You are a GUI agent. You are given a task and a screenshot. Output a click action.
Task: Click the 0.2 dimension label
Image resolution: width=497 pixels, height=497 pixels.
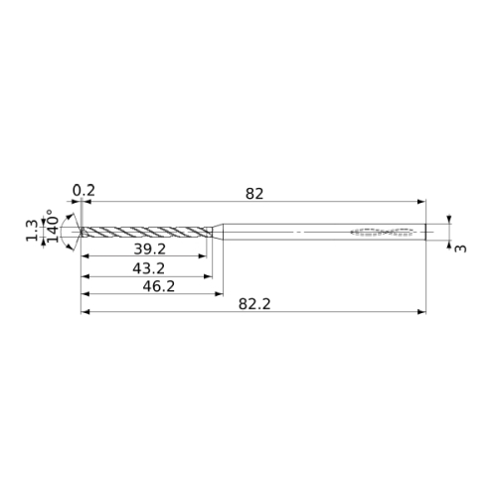(x=83, y=191)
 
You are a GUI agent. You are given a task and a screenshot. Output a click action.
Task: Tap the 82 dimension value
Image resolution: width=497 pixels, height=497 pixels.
(x=254, y=194)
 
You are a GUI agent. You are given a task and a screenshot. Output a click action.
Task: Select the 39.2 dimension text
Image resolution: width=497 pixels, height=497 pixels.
(x=149, y=248)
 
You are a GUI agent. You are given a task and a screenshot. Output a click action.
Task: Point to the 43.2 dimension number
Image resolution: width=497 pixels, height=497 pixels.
(x=148, y=268)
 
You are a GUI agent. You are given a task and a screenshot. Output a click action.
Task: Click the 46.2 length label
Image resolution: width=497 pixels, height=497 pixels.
(x=159, y=286)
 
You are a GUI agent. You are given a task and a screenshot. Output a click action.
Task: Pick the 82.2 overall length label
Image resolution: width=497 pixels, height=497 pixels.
(x=254, y=304)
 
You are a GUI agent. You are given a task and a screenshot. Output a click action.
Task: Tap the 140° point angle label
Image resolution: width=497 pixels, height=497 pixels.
(x=53, y=226)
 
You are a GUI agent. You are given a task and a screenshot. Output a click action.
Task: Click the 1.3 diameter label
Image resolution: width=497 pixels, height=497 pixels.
(x=33, y=231)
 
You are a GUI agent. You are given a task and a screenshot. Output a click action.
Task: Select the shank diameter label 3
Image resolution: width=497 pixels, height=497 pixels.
(x=460, y=248)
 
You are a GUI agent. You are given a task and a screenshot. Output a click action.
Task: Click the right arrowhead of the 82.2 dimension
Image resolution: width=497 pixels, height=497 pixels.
(x=421, y=312)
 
